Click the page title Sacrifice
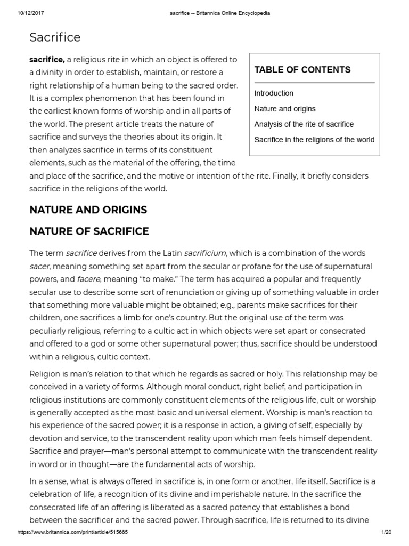pos(55,37)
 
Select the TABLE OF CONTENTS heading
pos(302,70)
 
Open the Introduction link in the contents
pos(274,93)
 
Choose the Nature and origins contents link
pos(284,109)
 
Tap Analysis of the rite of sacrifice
pos(304,124)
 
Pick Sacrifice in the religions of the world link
pos(314,140)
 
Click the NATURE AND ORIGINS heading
pos(88,210)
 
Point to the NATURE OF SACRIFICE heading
pos(89,231)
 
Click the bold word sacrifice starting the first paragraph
pos(47,60)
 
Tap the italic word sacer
pos(39,266)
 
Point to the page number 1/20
pos(387,533)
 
